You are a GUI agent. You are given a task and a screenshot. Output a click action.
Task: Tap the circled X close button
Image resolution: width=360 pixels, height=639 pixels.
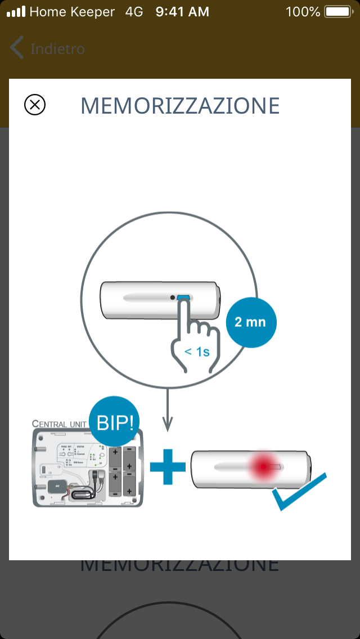35,105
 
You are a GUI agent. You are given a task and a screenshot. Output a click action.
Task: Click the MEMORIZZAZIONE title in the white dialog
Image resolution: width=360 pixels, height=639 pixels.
180,106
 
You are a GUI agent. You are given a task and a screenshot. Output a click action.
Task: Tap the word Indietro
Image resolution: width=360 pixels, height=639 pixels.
57,49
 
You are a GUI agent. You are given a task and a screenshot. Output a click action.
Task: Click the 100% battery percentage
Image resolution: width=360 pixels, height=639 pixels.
303,11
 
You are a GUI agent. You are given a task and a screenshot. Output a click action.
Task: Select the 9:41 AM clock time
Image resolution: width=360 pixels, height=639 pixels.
182,11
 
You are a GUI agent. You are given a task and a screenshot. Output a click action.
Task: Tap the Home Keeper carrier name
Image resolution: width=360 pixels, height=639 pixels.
72,11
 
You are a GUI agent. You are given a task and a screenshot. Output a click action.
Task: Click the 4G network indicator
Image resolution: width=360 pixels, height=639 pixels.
134,11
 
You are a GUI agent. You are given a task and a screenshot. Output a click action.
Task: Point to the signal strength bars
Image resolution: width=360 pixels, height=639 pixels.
16,11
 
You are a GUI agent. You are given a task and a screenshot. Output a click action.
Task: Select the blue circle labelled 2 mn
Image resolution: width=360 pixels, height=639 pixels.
251,323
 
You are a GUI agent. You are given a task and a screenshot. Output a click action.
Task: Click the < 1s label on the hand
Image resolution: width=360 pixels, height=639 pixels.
197,352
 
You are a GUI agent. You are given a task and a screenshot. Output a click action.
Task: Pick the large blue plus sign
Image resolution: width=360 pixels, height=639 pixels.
168,466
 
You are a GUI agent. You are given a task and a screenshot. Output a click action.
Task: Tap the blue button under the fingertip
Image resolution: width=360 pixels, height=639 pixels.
183,298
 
